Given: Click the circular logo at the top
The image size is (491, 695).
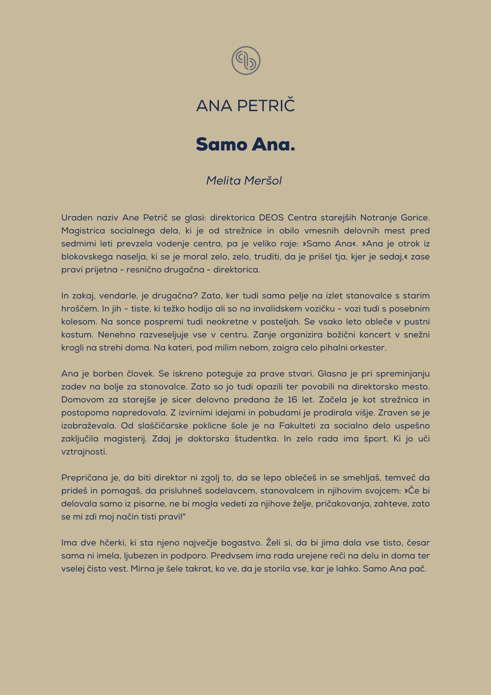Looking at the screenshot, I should [x=246, y=61].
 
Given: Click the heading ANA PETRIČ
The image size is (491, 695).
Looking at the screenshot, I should [x=246, y=106].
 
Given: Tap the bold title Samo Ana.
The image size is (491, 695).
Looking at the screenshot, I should [x=246, y=144].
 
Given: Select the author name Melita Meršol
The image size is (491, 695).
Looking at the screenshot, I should [x=244, y=180].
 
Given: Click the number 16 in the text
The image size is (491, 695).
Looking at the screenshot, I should [x=292, y=400].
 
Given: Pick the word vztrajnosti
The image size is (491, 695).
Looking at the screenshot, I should [x=84, y=452].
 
